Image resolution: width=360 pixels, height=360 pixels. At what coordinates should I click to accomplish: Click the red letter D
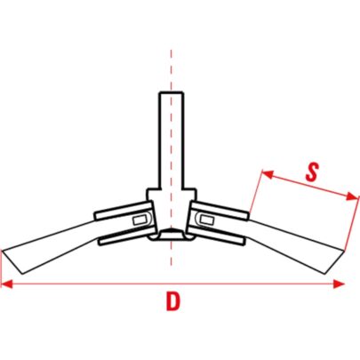click(173, 301)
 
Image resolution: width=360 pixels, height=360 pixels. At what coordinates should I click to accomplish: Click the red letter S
click(312, 172)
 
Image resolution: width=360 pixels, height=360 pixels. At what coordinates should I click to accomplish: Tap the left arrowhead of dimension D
click(7, 284)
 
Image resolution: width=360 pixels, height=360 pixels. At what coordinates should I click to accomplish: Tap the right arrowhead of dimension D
click(339, 284)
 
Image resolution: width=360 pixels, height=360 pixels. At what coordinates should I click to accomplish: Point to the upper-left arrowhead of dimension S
click(268, 174)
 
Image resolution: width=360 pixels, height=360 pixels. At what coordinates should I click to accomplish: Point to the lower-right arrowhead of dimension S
click(353, 196)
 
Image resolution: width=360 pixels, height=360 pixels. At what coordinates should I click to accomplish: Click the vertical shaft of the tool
click(172, 140)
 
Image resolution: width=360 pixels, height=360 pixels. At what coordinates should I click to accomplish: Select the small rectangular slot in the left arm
click(139, 220)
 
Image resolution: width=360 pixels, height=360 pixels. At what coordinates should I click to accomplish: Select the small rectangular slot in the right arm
click(206, 220)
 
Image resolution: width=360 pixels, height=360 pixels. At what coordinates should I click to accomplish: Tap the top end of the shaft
click(172, 92)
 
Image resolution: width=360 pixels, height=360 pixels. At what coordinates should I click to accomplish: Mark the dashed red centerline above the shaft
click(172, 70)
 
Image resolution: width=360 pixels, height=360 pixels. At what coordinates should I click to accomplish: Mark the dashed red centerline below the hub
click(172, 253)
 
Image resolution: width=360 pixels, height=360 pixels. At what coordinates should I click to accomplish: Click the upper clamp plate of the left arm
click(124, 210)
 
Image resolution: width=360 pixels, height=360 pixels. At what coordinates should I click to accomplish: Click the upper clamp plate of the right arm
click(219, 211)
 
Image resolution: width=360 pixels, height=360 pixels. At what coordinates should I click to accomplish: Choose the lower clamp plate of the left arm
click(127, 236)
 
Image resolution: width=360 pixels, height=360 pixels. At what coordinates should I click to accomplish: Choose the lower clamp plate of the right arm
click(216, 236)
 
